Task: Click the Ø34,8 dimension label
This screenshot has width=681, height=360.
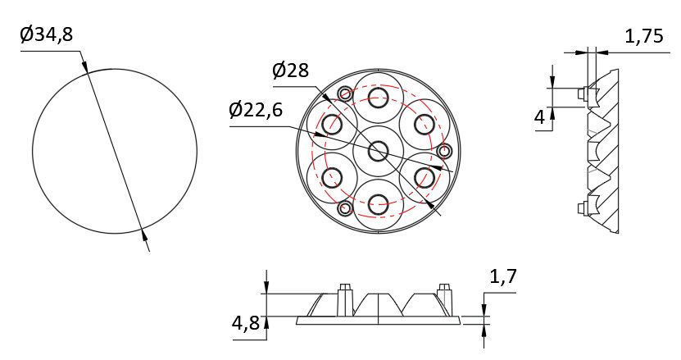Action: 50,35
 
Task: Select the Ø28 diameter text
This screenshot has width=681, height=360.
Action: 290,71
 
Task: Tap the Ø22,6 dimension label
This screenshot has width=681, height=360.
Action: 256,110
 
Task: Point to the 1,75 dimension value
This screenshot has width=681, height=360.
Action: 644,37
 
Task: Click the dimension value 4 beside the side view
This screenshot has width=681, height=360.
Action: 539,118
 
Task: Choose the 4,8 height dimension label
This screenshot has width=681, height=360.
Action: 246,323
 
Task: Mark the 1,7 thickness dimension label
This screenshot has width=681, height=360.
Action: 502,277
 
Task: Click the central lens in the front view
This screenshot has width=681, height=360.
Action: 379,151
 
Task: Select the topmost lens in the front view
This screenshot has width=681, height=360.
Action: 378,98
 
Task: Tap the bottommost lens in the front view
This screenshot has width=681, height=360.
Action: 378,205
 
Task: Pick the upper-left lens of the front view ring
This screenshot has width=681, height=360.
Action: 333,125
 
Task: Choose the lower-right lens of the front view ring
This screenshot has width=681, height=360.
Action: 424,177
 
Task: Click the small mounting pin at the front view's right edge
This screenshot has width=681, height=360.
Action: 445,151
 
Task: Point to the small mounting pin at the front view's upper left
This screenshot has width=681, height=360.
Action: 345,93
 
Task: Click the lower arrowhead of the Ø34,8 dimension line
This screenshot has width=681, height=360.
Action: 145,238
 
